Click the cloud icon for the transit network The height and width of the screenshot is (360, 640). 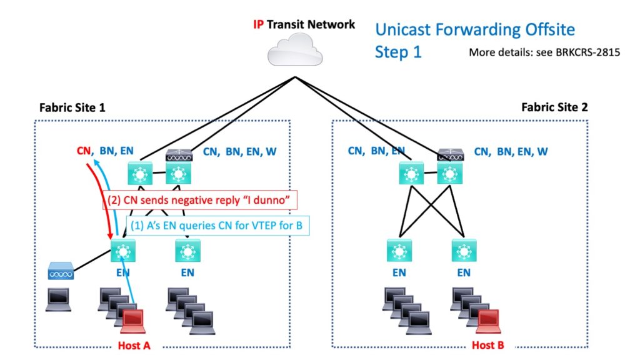295,50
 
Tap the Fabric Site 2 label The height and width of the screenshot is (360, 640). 554,107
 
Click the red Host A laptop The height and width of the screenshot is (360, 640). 136,322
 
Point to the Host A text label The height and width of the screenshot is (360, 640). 135,345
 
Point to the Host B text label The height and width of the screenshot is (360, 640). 488,345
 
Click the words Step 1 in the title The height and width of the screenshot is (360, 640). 398,52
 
